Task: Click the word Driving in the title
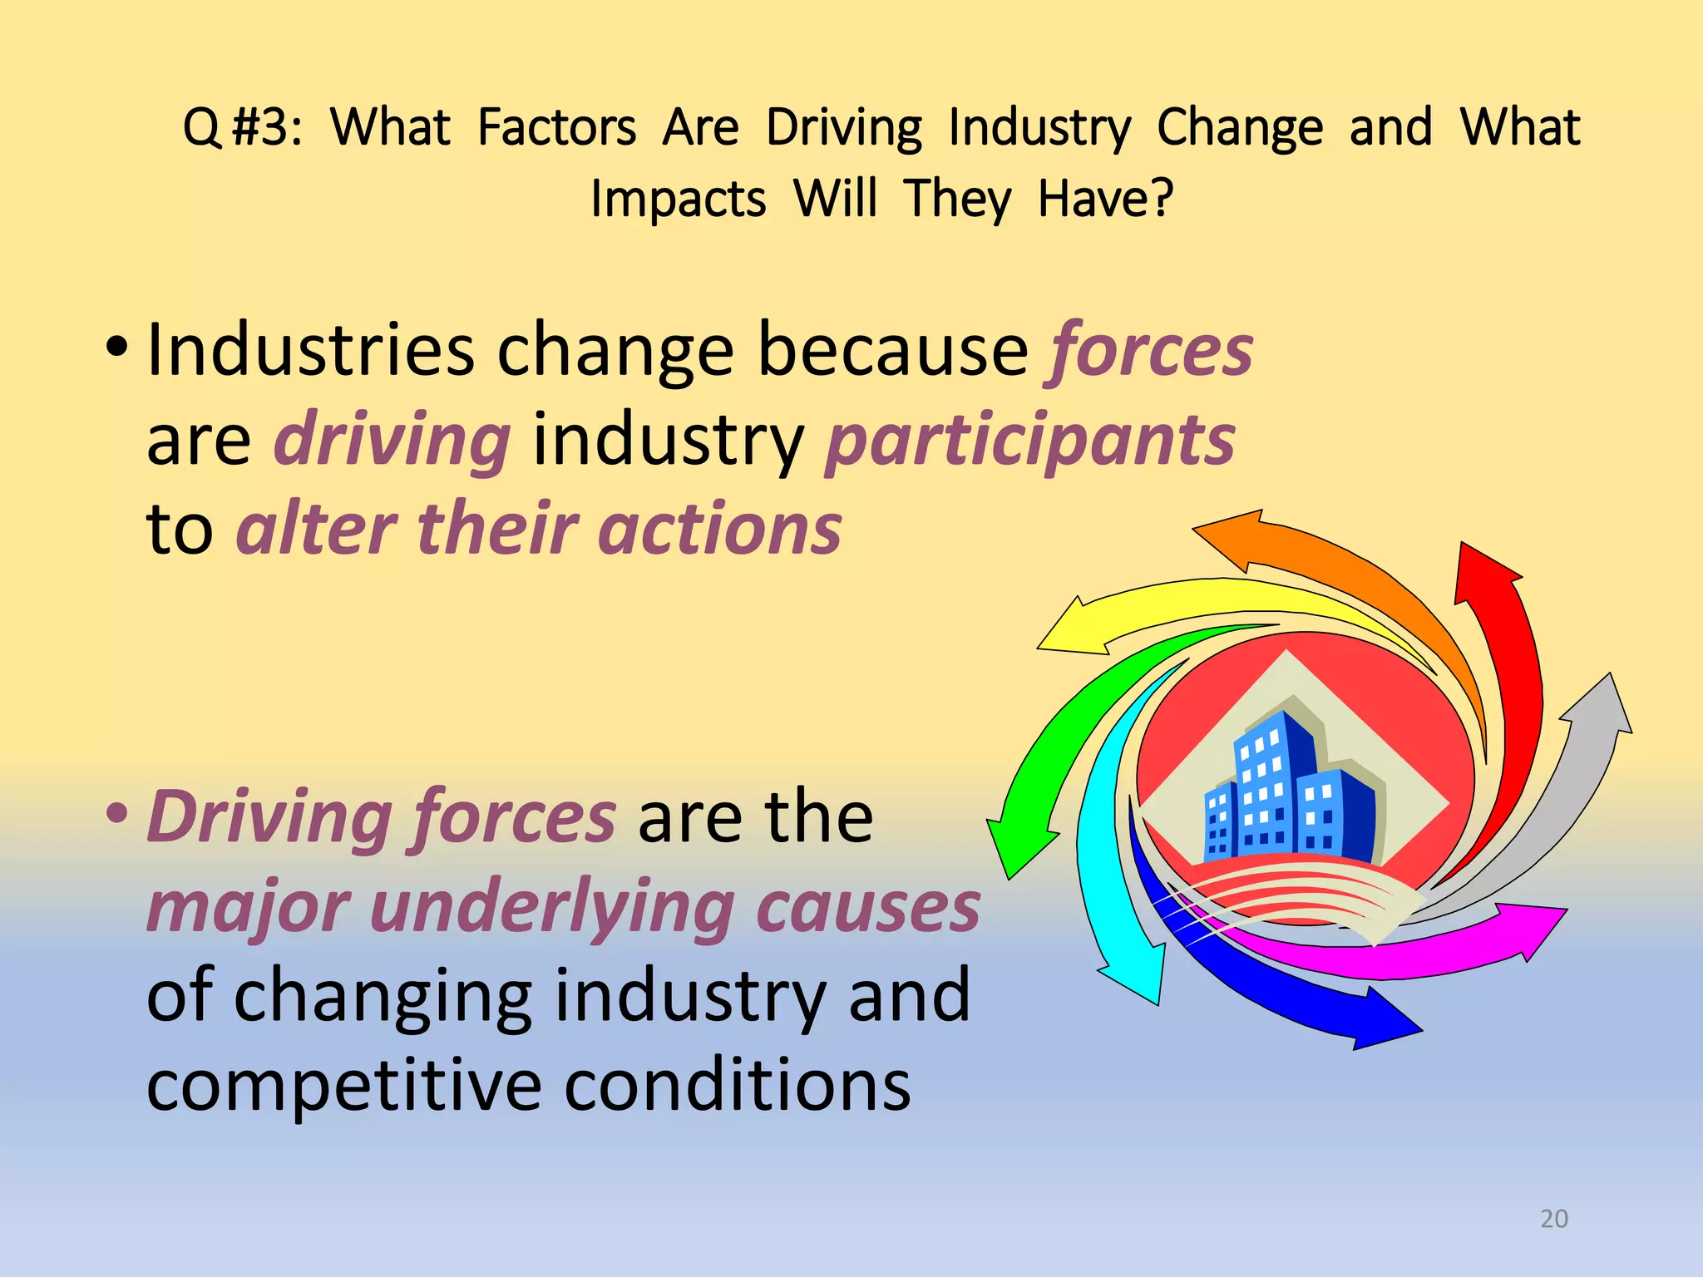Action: pyautogui.click(x=843, y=129)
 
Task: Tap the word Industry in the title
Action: pyautogui.click(x=1039, y=129)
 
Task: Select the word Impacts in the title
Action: pyautogui.click(x=678, y=200)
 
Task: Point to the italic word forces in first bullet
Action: pyautogui.click(x=1151, y=350)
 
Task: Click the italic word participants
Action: pyautogui.click(x=1030, y=440)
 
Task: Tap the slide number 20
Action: pyautogui.click(x=1554, y=1218)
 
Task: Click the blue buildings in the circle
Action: pyautogui.click(x=1290, y=791)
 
